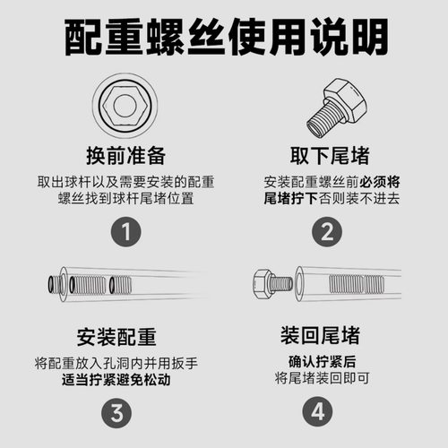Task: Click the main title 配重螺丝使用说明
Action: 224,39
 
